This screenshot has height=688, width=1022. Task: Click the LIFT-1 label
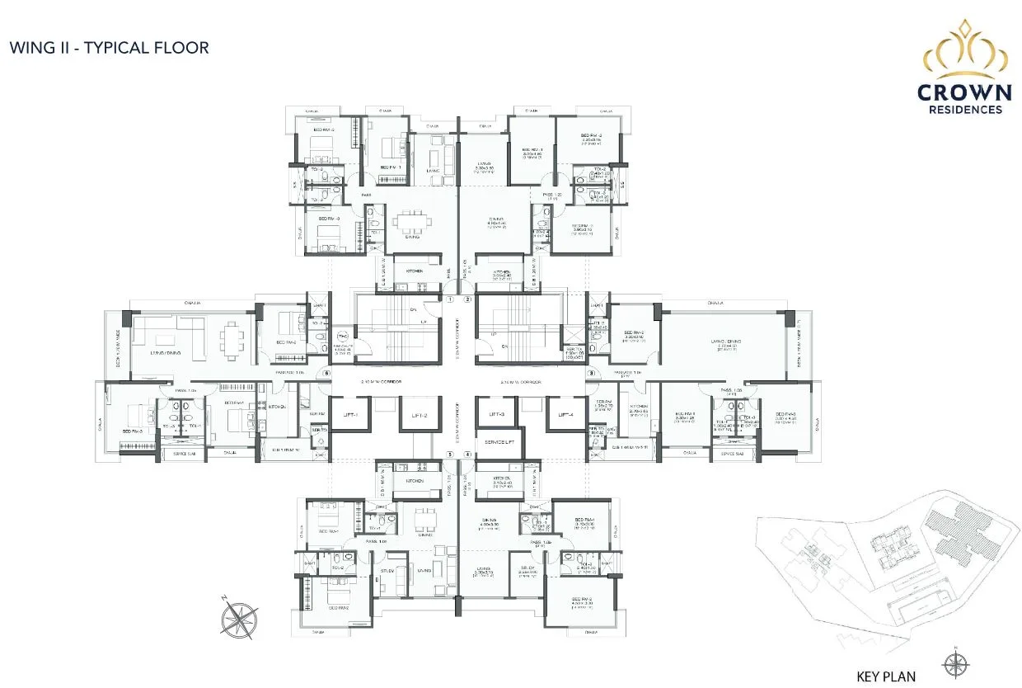pyautogui.click(x=349, y=415)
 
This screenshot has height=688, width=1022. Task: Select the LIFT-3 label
pyautogui.click(x=496, y=415)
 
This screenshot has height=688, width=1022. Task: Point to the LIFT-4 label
pyautogui.click(x=565, y=415)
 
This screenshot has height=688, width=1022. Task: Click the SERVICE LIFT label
pyautogui.click(x=499, y=441)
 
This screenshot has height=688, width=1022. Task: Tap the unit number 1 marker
pyautogui.click(x=451, y=299)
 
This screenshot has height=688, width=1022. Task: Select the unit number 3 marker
pyautogui.click(x=590, y=373)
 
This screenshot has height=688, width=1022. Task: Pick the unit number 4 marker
pyautogui.click(x=467, y=454)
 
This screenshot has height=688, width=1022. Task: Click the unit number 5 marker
pyautogui.click(x=450, y=454)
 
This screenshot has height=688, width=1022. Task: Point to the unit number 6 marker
pyautogui.click(x=327, y=373)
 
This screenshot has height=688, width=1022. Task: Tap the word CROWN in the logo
pyautogui.click(x=964, y=92)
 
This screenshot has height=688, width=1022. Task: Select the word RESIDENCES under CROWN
pyautogui.click(x=964, y=109)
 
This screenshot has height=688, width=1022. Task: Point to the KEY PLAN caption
pyautogui.click(x=886, y=676)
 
